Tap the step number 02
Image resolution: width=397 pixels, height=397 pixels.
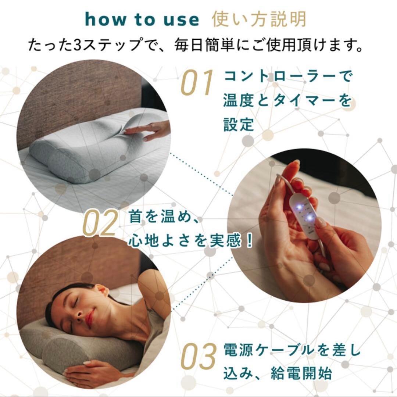coord(100,224)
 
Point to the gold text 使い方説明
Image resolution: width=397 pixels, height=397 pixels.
coord(259,19)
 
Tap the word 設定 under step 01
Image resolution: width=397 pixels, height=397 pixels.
coord(239,125)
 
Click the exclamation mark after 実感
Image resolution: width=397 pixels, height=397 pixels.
coord(250,241)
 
